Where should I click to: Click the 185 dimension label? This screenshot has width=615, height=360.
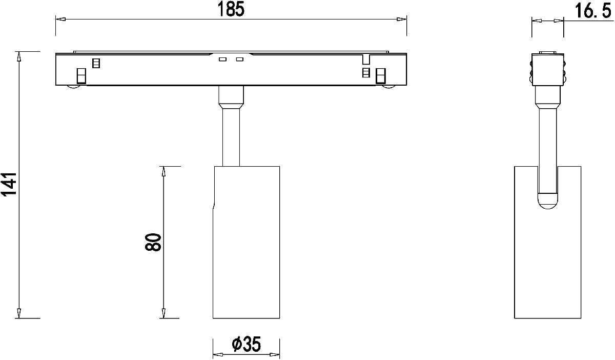pyautogui.click(x=231, y=9)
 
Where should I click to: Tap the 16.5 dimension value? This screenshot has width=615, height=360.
pyautogui.click(x=593, y=11)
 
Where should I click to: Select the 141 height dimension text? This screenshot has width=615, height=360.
pyautogui.click(x=9, y=185)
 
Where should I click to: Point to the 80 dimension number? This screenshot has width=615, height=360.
pyautogui.click(x=153, y=242)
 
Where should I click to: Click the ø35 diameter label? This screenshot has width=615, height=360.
pyautogui.click(x=246, y=344)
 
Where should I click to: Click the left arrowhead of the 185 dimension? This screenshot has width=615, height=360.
pyautogui.click(x=60, y=19)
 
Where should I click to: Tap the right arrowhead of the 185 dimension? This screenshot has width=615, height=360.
pyautogui.click(x=401, y=19)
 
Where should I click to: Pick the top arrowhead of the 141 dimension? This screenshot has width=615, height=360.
pyautogui.click(x=19, y=56)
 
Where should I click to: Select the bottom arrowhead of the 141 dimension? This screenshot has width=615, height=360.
pyautogui.click(x=19, y=313)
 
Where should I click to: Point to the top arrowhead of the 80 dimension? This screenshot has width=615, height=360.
pyautogui.click(x=163, y=171)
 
